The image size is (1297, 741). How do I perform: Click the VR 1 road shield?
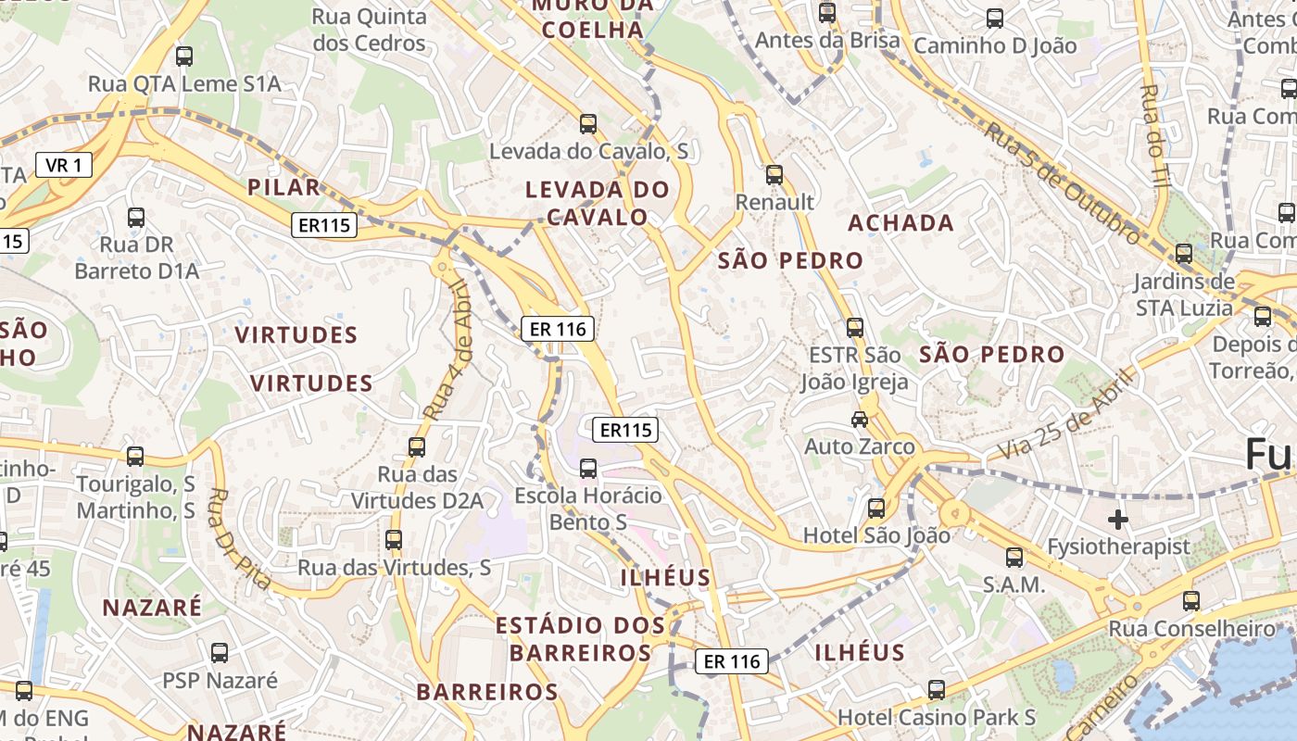click(x=64, y=166)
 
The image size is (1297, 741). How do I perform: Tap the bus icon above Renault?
click(x=774, y=174)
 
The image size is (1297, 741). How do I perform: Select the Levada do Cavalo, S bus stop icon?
click(x=587, y=123)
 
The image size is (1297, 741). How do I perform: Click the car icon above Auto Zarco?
click(x=860, y=419)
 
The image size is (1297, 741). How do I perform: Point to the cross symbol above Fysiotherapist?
click(x=1118, y=519)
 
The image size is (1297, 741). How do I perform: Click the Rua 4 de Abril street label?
click(x=449, y=350)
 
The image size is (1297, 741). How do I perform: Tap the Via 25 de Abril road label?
click(x=1066, y=414)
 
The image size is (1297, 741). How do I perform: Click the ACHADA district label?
click(x=900, y=222)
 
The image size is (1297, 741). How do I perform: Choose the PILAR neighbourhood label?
click(x=283, y=187)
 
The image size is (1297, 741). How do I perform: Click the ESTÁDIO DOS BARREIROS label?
click(x=580, y=639)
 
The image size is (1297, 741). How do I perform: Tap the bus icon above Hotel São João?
click(x=876, y=508)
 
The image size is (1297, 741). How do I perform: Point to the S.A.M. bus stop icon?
click(x=1014, y=558)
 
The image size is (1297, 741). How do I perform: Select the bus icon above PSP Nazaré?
click(x=220, y=653)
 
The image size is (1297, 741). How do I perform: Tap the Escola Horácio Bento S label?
click(x=588, y=509)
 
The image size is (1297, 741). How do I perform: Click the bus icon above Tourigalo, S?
click(x=135, y=456)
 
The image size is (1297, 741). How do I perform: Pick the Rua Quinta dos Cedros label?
click(x=369, y=30)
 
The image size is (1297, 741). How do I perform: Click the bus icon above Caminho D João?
click(x=995, y=18)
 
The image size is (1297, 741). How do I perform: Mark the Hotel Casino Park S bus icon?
click(x=937, y=690)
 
